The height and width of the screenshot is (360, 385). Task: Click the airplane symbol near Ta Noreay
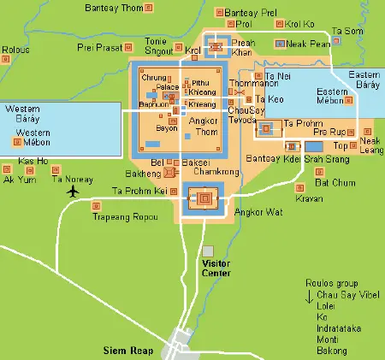tap(71, 190)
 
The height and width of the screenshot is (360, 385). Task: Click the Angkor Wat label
tap(257, 211)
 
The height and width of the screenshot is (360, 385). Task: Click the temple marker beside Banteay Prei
tap(219, 14)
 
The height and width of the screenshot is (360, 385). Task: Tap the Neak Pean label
tap(312, 43)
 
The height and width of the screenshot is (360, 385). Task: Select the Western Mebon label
tap(33, 138)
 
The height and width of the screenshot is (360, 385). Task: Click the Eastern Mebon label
tap(332, 96)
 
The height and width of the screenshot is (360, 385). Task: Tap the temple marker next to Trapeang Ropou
tap(98, 205)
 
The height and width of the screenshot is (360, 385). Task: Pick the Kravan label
tap(310, 198)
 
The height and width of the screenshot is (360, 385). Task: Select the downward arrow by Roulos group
tap(309, 296)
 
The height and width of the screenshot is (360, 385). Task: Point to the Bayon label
tap(167, 128)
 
